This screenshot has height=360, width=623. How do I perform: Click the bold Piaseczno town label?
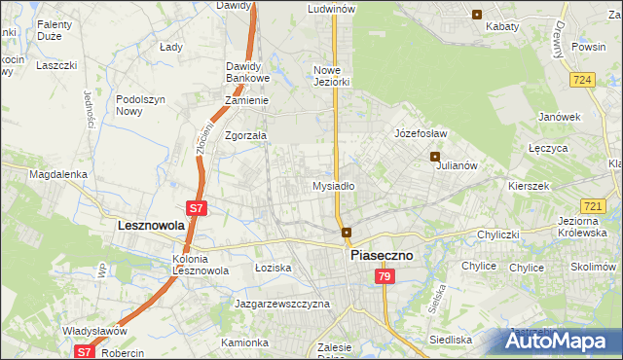pyautogui.click(x=382, y=254)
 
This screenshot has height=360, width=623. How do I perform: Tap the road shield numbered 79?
pyautogui.click(x=385, y=277)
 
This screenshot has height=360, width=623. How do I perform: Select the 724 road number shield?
pyautogui.click(x=583, y=79)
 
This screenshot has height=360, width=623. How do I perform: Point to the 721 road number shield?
pyautogui.click(x=593, y=206)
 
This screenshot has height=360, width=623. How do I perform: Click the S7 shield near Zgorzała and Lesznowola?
pyautogui.click(x=196, y=208)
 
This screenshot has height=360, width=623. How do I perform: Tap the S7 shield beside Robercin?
pyautogui.click(x=85, y=352)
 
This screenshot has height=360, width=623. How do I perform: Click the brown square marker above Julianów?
pyautogui.click(x=435, y=156)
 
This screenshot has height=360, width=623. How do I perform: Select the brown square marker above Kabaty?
pyautogui.click(x=476, y=14)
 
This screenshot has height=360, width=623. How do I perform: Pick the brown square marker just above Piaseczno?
pyautogui.click(x=347, y=232)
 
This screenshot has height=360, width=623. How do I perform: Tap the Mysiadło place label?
pyautogui.click(x=333, y=185)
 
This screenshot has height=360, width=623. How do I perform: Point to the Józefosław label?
pyautogui.click(x=420, y=132)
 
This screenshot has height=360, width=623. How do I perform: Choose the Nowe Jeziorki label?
pyautogui.click(x=331, y=76)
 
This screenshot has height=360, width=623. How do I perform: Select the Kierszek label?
pyautogui.click(x=530, y=185)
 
